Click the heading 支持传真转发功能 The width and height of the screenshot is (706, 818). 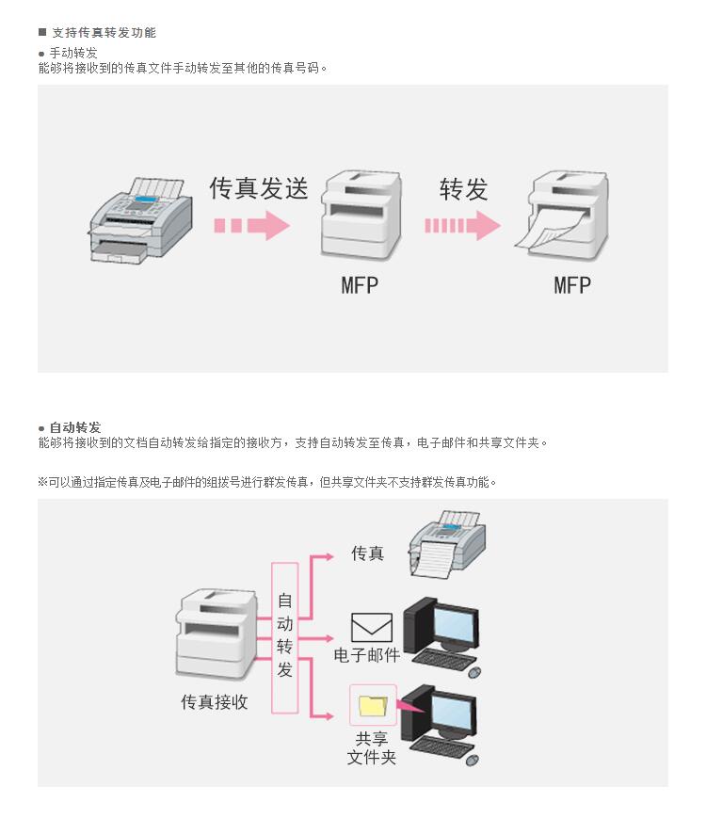click(104, 33)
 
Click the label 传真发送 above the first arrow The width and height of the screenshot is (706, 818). click(258, 188)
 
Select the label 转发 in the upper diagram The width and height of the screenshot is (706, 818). click(463, 189)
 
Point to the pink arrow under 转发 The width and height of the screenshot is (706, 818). click(461, 226)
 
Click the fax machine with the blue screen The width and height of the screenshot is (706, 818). click(141, 218)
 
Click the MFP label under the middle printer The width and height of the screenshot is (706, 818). click(360, 284)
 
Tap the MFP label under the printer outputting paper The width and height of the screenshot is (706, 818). click(572, 284)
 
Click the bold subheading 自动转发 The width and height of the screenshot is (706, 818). click(75, 427)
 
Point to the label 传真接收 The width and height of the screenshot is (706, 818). click(215, 702)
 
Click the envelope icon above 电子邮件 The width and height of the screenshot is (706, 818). click(371, 627)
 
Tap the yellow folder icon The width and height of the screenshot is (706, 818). click(373, 704)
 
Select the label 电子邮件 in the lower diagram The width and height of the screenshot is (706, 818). click(367, 655)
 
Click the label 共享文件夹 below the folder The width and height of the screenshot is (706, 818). click(372, 747)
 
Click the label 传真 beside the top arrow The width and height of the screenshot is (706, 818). click(368, 553)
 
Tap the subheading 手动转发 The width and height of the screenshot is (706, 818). click(73, 53)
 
